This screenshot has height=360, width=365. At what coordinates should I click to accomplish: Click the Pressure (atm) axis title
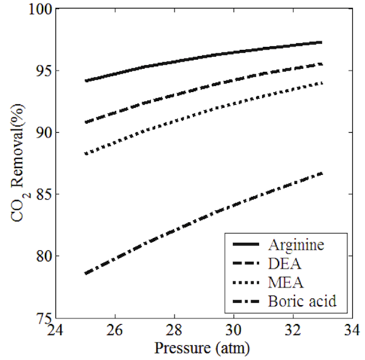[x=202, y=349]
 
